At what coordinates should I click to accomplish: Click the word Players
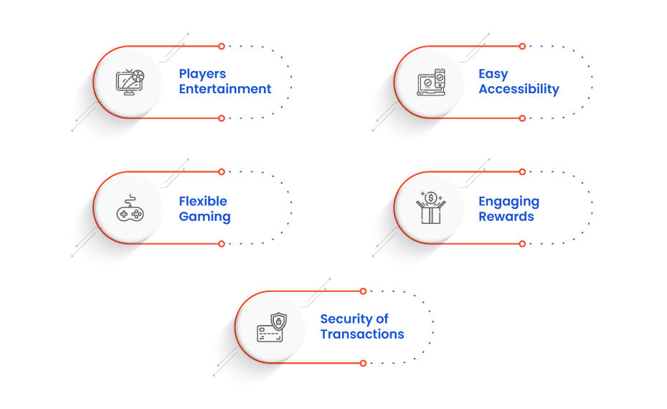[x=202, y=74]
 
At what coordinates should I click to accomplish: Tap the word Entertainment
[x=225, y=89]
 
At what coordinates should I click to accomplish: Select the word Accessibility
[x=519, y=90]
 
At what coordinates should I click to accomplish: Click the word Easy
[x=493, y=74]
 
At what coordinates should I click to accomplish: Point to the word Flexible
[x=203, y=201]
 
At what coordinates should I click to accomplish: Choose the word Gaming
[x=204, y=217]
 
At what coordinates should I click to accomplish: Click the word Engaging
[x=508, y=202]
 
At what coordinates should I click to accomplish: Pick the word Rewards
[x=506, y=217]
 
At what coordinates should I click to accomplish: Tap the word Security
[x=346, y=319]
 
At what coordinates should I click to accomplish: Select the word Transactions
[x=362, y=334]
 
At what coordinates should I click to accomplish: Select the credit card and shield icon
[x=272, y=327]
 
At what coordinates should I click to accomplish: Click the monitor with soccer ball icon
[x=130, y=82]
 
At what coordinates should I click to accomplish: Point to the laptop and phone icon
[x=431, y=82]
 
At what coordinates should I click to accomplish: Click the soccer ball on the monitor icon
[x=138, y=76]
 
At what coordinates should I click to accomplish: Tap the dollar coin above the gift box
[x=431, y=197]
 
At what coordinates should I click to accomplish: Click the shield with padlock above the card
[x=278, y=321]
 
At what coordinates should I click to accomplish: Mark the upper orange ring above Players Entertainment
[x=221, y=46]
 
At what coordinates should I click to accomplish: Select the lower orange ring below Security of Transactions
[x=363, y=363]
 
